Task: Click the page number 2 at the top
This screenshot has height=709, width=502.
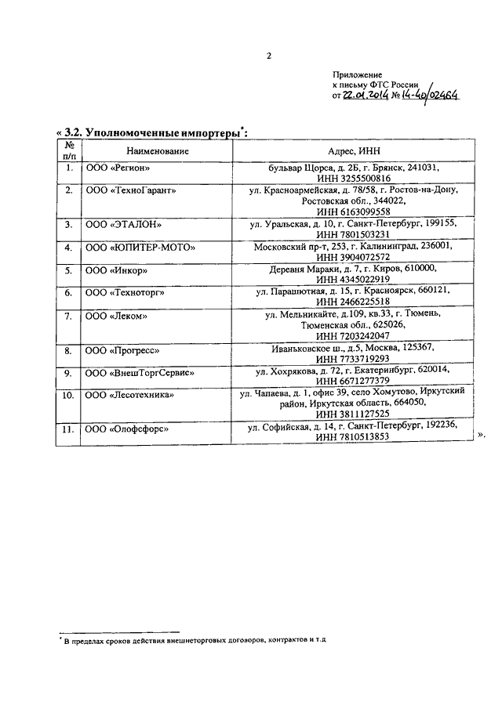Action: (x=268, y=56)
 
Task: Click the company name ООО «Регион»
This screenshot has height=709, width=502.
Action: (x=117, y=168)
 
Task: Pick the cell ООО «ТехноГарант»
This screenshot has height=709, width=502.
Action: (x=130, y=190)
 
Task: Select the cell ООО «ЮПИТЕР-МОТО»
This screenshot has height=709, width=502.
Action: (x=140, y=248)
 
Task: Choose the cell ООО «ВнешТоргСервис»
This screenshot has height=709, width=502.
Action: (x=140, y=373)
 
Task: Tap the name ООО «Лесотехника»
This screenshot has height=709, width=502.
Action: (x=129, y=395)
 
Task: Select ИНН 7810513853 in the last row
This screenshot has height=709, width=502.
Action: (x=351, y=438)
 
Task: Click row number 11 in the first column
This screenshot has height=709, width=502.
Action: (x=68, y=429)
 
